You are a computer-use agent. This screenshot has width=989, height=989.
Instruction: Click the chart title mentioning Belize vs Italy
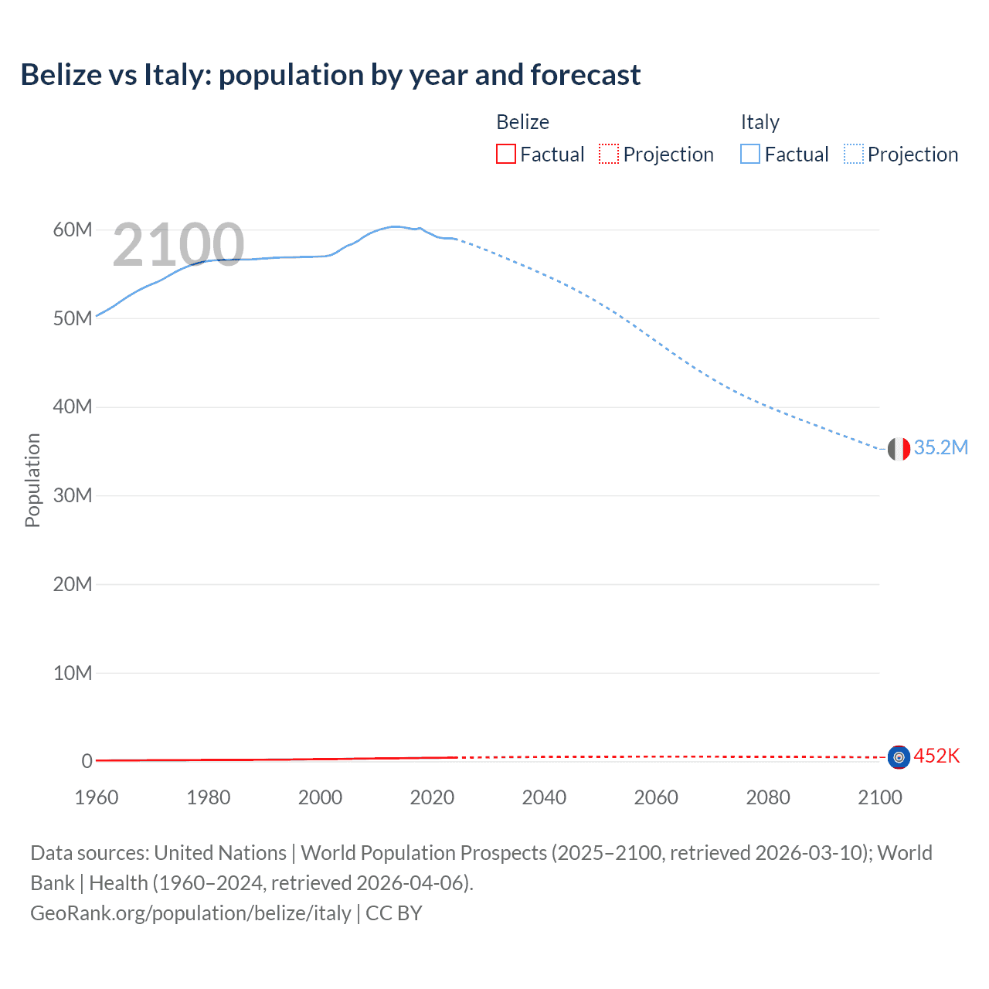[330, 75]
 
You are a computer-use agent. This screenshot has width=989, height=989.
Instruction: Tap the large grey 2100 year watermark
[178, 245]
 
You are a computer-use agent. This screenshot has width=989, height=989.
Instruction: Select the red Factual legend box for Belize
[505, 154]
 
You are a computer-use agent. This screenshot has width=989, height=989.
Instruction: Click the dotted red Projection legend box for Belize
[609, 154]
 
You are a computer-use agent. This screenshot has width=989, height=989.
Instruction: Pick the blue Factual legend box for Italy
[750, 154]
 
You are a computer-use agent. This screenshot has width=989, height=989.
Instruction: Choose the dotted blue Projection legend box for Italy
[853, 154]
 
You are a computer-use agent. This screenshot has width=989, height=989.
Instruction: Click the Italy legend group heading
[760, 122]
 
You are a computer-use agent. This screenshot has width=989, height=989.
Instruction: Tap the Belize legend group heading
[522, 122]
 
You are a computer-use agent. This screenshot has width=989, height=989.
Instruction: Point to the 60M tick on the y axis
[73, 229]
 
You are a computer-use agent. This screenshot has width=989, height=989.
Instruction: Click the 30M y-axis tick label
[73, 495]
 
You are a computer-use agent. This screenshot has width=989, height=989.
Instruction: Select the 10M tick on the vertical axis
[73, 673]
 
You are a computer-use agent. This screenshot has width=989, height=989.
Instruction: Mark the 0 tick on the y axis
[87, 761]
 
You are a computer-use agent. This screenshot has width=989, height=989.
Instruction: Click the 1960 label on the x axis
[97, 797]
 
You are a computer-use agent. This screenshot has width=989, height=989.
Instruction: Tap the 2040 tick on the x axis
[544, 797]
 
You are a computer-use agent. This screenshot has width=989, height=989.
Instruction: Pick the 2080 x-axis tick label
[768, 797]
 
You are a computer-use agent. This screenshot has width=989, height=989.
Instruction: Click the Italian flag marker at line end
[899, 448]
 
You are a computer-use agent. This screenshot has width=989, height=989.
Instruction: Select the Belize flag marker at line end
[899, 757]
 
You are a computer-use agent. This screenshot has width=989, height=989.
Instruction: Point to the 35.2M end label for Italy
[940, 448]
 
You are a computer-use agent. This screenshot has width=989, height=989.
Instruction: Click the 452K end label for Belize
[936, 756]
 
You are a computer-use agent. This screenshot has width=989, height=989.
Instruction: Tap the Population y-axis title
[32, 480]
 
